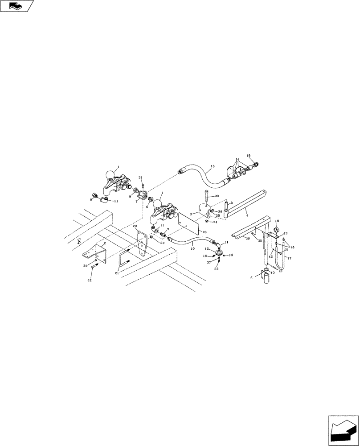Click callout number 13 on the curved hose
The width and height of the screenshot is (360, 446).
212,166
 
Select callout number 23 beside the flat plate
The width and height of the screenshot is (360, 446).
205,232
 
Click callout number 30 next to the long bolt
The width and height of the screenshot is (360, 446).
217,196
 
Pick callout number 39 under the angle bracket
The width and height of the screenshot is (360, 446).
247,239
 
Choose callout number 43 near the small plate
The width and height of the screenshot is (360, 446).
286,234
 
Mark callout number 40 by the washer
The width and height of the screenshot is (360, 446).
272,273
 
